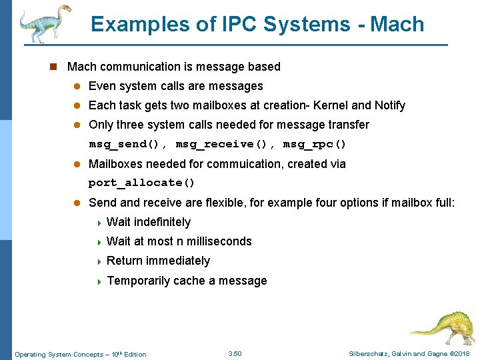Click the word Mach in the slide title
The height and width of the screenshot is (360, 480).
click(397, 25)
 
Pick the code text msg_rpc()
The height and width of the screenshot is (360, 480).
click(315, 145)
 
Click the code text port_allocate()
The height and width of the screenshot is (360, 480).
click(142, 183)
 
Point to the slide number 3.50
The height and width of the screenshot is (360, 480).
click(235, 353)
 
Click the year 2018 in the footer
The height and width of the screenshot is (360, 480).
click(461, 353)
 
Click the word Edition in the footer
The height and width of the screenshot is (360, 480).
click(135, 354)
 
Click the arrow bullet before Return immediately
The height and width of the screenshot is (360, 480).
click(99, 261)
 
